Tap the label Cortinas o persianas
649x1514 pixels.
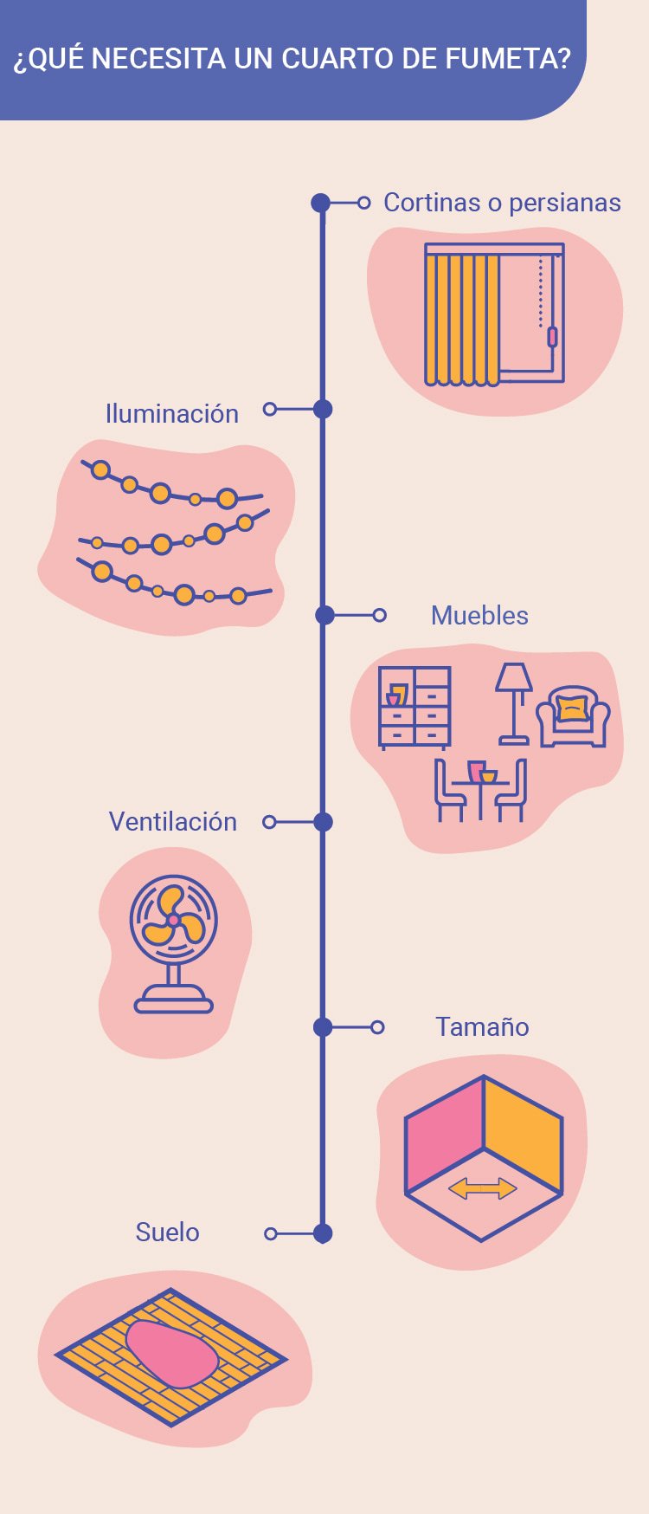tap(502, 203)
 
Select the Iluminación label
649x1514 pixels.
tap(171, 414)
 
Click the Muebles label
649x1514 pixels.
tap(479, 616)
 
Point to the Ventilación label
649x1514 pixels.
tap(172, 822)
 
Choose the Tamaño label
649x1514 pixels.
tap(482, 1027)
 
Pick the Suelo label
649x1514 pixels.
tap(167, 1233)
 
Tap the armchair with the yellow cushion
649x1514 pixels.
tap(573, 717)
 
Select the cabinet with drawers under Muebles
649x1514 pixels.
tap(414, 707)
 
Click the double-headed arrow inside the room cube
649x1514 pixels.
tap(483, 1188)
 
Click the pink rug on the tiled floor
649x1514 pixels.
tap(171, 1354)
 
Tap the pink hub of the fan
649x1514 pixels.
tap(173, 919)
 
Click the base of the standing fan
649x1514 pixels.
tap(174, 1004)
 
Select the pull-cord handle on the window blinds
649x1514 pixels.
tap(552, 337)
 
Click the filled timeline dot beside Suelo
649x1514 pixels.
tap(323, 1233)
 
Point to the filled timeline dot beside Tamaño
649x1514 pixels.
tap(323, 1027)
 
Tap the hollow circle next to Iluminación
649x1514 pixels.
tap(270, 409)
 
